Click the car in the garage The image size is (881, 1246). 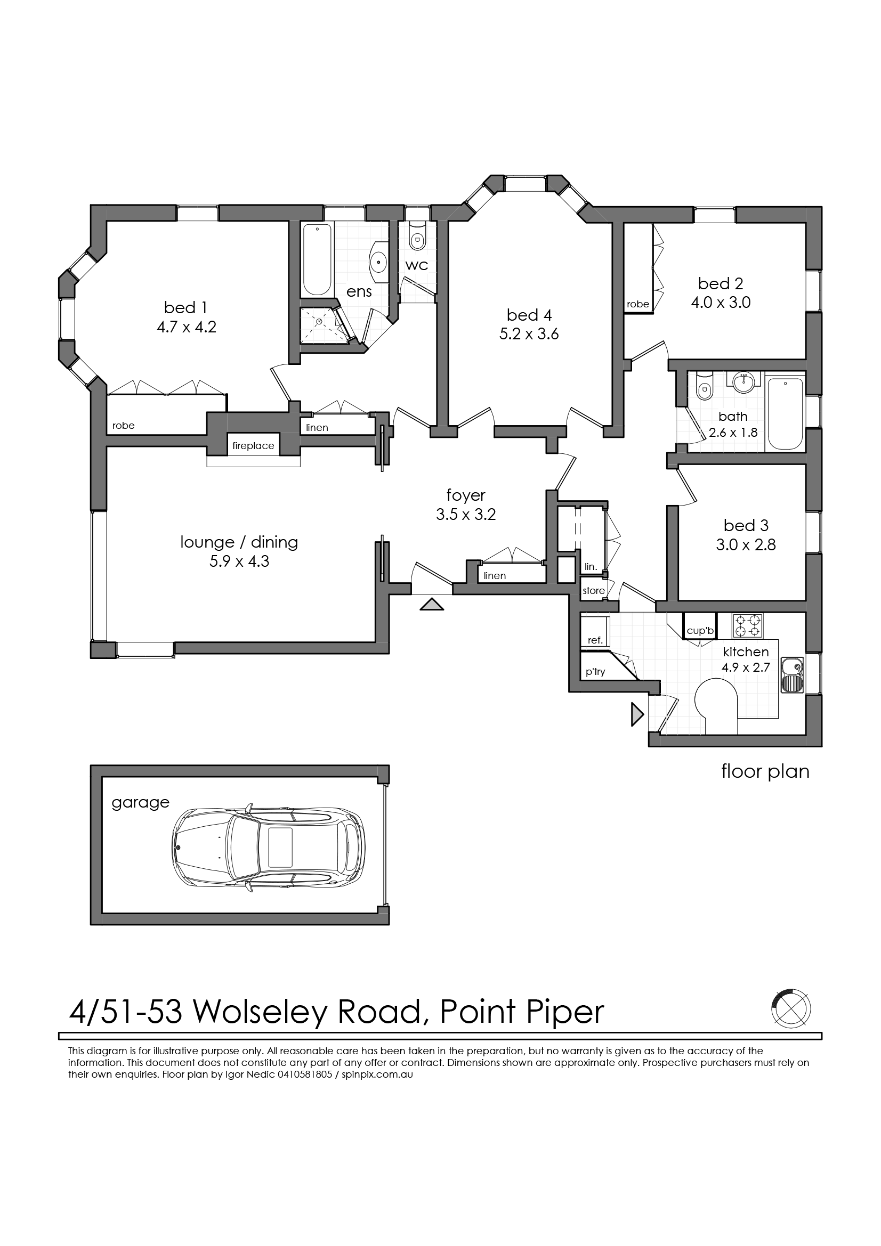268,848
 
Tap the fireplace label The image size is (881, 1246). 253,446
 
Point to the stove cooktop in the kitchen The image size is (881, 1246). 747,626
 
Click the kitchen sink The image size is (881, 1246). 792,674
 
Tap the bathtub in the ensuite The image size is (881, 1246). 317,259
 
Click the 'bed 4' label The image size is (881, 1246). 529,315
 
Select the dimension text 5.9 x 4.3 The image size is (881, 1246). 239,561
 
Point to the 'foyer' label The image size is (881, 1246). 466,495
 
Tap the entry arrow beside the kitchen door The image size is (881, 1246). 637,714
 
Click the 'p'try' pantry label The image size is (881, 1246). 595,672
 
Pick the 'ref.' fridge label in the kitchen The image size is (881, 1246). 595,640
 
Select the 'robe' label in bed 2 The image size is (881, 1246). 638,305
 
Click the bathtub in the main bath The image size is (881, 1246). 785,414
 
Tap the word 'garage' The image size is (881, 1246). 141,803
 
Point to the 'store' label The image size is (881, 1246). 593,591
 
